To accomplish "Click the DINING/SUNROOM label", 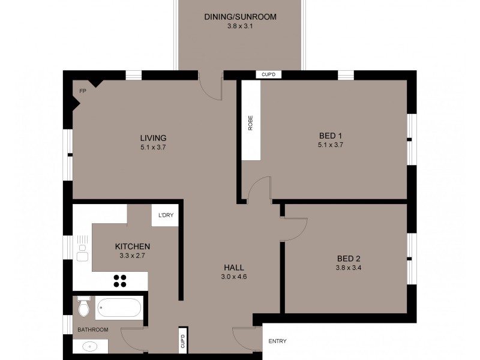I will point(240,17).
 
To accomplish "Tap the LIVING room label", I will point(153,137).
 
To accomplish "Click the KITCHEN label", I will point(133,247).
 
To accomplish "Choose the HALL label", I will point(234,268).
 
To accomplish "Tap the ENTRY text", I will point(277,341).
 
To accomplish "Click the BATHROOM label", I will point(92,330).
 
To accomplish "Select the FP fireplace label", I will point(82,91).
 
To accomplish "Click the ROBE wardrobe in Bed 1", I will point(251,121).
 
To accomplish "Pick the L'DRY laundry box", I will point(166,215).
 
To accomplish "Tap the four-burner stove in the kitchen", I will point(121,281).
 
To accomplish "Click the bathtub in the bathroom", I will point(119,308).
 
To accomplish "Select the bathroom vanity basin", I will point(91,346).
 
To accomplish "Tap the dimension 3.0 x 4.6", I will point(234,277).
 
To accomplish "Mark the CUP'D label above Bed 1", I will point(268,75).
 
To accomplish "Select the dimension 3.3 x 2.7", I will point(133,256).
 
